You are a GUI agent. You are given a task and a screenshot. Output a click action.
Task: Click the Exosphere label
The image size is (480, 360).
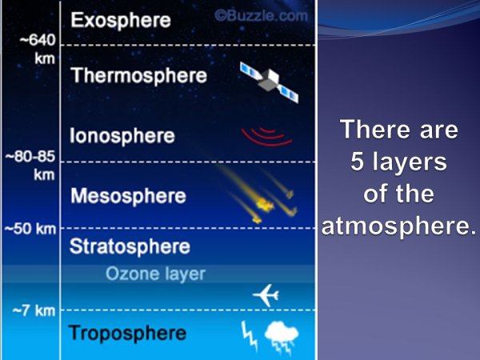point(121,21)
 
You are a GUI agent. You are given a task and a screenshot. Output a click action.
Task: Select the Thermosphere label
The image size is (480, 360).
point(138,75)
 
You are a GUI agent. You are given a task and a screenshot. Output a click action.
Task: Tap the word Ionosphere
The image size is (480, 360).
point(122,136)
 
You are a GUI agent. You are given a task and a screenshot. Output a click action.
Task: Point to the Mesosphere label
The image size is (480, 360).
point(128,195)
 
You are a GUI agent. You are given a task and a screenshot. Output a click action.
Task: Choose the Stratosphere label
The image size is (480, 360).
point(130,246)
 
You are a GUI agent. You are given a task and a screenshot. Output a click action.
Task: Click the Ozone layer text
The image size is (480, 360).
point(155,274)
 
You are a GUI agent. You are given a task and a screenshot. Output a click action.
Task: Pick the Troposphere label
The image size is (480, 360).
point(128,333)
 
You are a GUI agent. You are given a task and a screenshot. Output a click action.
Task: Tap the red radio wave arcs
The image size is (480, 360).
point(266,137)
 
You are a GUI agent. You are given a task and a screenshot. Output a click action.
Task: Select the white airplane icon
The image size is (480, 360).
point(266,295)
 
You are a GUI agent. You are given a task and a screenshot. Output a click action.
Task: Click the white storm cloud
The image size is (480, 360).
point(282,336)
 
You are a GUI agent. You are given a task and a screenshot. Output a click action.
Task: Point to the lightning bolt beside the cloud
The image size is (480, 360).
point(249,335)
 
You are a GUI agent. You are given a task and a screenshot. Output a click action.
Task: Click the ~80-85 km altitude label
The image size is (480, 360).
point(30,166)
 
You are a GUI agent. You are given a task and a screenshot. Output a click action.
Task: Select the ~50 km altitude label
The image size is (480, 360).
point(30,229)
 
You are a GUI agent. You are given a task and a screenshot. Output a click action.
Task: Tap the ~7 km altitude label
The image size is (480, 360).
point(34,310)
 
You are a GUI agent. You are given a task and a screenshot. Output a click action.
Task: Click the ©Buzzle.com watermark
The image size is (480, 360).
point(261,15)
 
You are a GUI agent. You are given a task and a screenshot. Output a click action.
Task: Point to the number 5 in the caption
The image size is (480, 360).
point(357,162)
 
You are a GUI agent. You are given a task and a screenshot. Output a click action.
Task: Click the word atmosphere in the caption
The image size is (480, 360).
point(399,226)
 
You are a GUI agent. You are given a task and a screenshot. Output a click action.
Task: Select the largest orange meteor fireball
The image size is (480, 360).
point(265,204)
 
